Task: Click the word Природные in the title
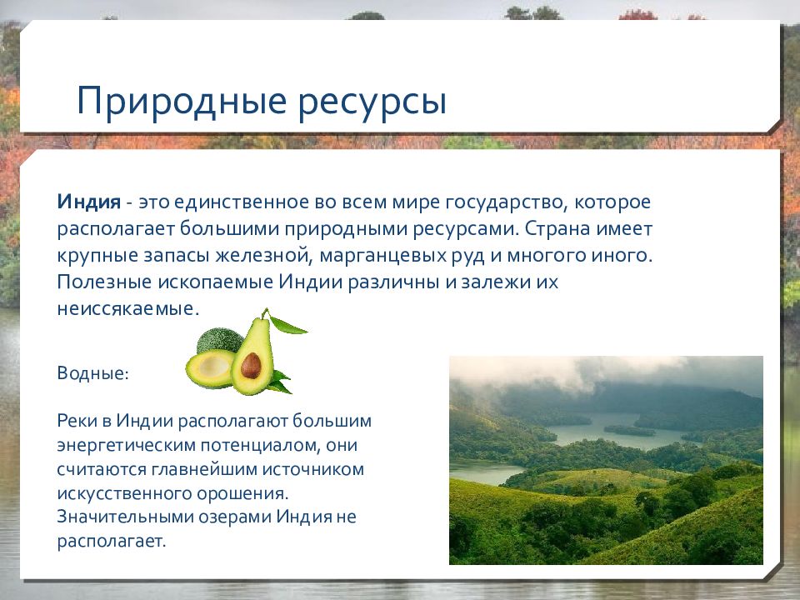pyautogui.click(x=182, y=102)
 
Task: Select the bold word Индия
pyautogui.click(x=89, y=202)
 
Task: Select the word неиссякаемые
pyautogui.click(x=127, y=308)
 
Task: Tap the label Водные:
pyautogui.click(x=92, y=373)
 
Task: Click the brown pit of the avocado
pyautogui.click(x=251, y=365)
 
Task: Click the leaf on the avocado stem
pyautogui.click(x=288, y=326)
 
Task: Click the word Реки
pyautogui.click(x=77, y=421)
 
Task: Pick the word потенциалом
pyautogui.click(x=260, y=445)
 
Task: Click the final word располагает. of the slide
pyautogui.click(x=111, y=541)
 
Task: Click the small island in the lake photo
pyautogui.click(x=629, y=430)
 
